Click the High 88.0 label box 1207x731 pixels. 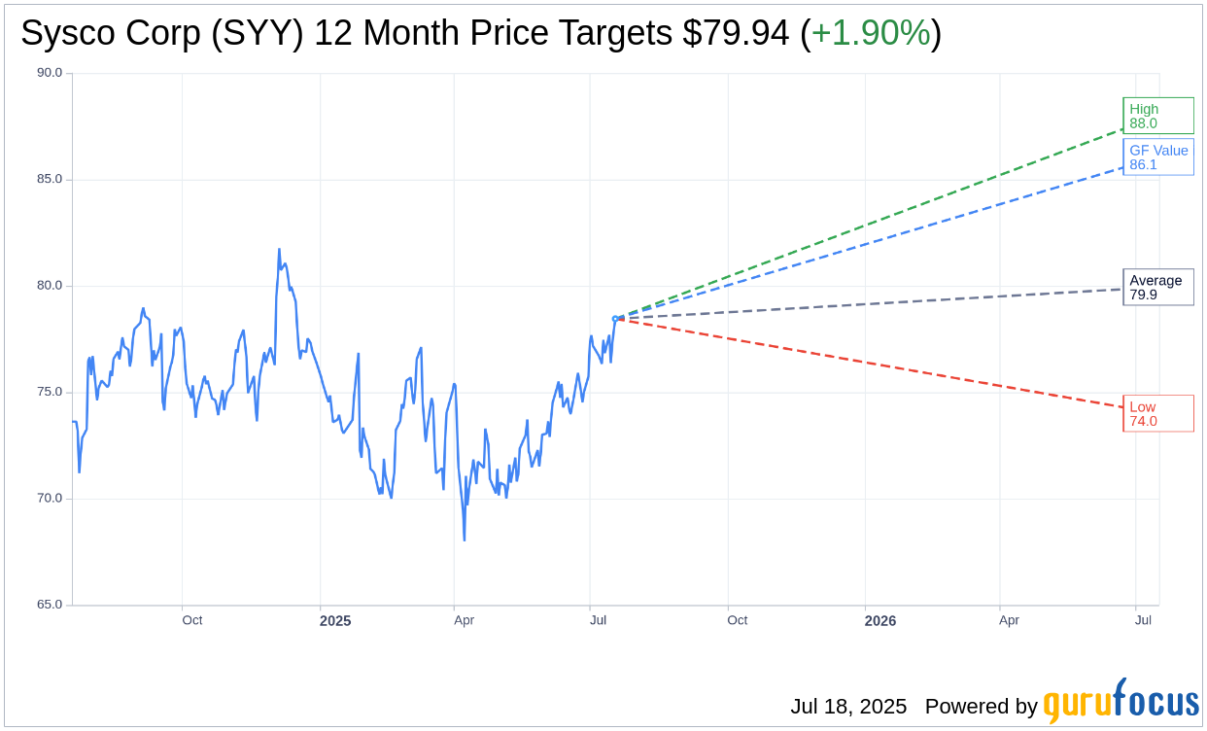tap(1157, 116)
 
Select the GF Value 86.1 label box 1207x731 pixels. tap(1157, 157)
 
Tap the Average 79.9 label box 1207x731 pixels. tap(1157, 287)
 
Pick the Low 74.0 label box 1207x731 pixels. tap(1157, 413)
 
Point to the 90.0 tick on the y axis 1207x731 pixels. tap(50, 73)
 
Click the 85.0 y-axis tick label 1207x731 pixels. tap(50, 179)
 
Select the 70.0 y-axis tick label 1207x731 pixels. tap(50, 499)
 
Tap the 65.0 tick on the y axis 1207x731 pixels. tap(50, 605)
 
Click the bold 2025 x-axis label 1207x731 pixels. tap(335, 620)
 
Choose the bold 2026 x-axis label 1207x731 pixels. tap(880, 620)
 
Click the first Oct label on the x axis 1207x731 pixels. tap(192, 620)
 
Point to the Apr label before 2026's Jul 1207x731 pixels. tap(1009, 620)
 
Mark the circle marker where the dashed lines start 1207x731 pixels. tap(615, 319)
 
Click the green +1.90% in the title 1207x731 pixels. tap(871, 33)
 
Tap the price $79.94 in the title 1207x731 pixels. tap(736, 33)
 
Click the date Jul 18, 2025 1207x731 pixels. tap(848, 707)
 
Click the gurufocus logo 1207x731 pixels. tap(1121, 702)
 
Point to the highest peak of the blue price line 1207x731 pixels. tap(279, 250)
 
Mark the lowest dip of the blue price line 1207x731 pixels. tap(465, 540)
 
